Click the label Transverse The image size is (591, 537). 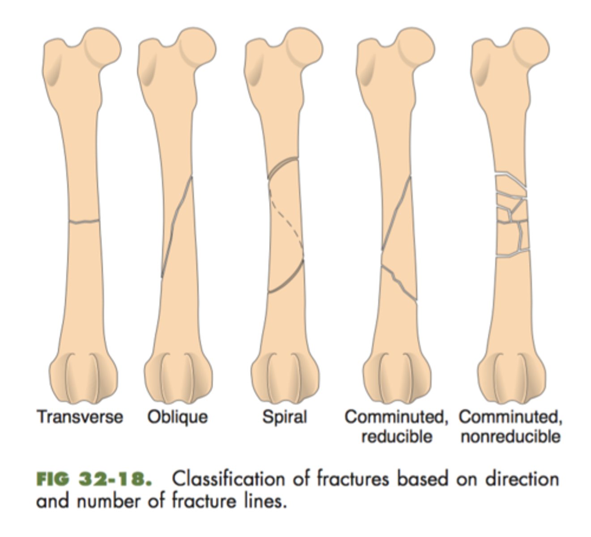coord(80,417)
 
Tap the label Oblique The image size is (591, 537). coord(178,417)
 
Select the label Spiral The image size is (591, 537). coord(285,417)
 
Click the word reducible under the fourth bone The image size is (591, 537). coord(396,436)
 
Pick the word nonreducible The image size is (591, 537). coord(510,436)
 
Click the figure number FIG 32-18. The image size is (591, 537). coord(92,479)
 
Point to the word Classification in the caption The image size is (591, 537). coord(228,479)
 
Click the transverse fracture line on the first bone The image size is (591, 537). coord(84,221)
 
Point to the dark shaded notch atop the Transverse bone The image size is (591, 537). coord(55,72)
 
